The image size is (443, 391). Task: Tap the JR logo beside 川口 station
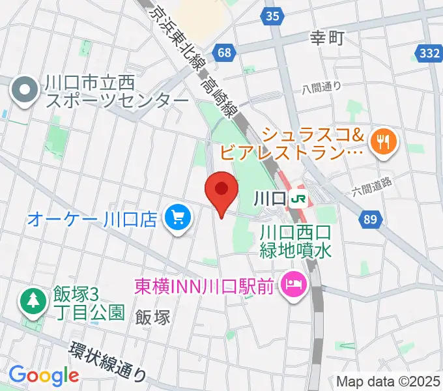[299, 197]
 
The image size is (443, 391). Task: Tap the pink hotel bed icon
[293, 284]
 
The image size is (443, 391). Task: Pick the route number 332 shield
[430, 55]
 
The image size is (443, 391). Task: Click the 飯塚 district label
[153, 317]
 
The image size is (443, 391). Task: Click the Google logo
[44, 375]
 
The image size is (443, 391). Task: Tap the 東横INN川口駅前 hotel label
[205, 285]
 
